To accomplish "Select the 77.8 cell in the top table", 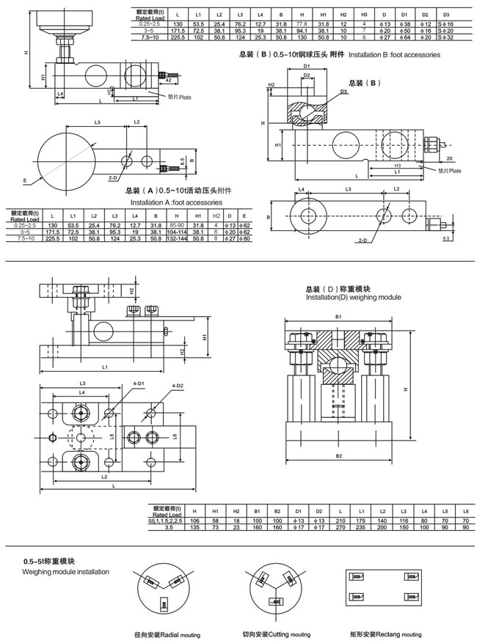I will [x=301, y=24].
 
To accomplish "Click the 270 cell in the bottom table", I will [x=336, y=526].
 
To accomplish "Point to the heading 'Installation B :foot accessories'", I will [x=394, y=55].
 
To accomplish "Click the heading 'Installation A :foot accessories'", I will [x=175, y=201].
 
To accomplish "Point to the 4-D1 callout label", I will [x=139, y=385].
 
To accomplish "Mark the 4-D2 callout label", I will [x=178, y=385].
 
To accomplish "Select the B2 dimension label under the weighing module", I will [x=339, y=456].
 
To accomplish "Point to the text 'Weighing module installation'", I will [x=66, y=570].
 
